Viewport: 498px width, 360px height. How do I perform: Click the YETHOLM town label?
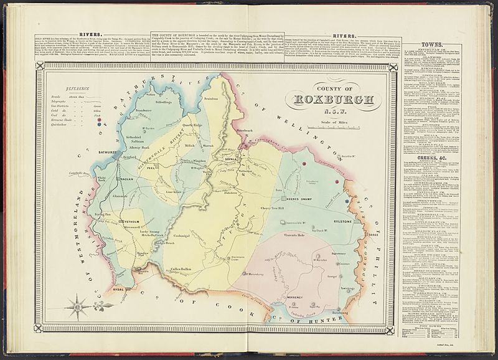[131, 221]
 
